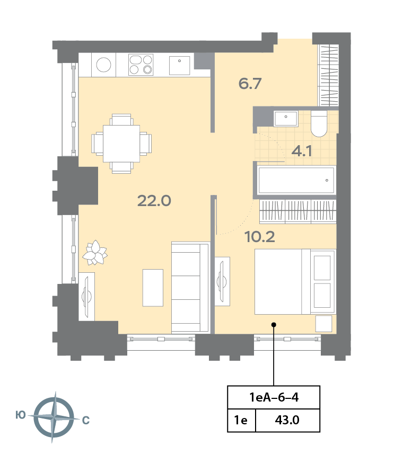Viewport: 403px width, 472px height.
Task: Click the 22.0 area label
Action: (x=154, y=201)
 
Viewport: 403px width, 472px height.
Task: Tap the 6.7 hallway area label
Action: (x=250, y=83)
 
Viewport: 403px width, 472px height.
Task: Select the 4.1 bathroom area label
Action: (x=301, y=150)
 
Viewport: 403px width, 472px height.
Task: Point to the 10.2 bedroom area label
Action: (x=259, y=237)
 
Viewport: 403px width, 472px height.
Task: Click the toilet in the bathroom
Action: (x=319, y=124)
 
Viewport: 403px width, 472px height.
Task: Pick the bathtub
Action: (x=296, y=180)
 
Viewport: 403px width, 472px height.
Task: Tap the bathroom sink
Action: (x=286, y=118)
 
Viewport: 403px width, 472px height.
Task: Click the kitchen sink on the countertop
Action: (x=179, y=65)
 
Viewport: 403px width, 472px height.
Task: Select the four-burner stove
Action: (x=141, y=65)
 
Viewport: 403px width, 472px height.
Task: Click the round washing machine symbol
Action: (x=103, y=65)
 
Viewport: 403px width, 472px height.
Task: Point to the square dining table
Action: (x=121, y=144)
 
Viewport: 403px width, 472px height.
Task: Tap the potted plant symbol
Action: (x=95, y=253)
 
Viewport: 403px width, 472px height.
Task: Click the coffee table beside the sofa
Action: (x=153, y=288)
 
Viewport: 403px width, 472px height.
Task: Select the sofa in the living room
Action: (x=190, y=288)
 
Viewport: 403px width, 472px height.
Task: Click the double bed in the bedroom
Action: (x=295, y=282)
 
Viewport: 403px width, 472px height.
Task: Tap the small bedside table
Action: (x=324, y=324)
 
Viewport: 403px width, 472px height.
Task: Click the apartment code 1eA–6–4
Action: (x=274, y=397)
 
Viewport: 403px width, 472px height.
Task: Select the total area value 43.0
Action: (x=287, y=420)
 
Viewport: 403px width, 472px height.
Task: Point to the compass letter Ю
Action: (x=21, y=415)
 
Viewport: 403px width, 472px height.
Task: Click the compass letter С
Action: (x=86, y=420)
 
